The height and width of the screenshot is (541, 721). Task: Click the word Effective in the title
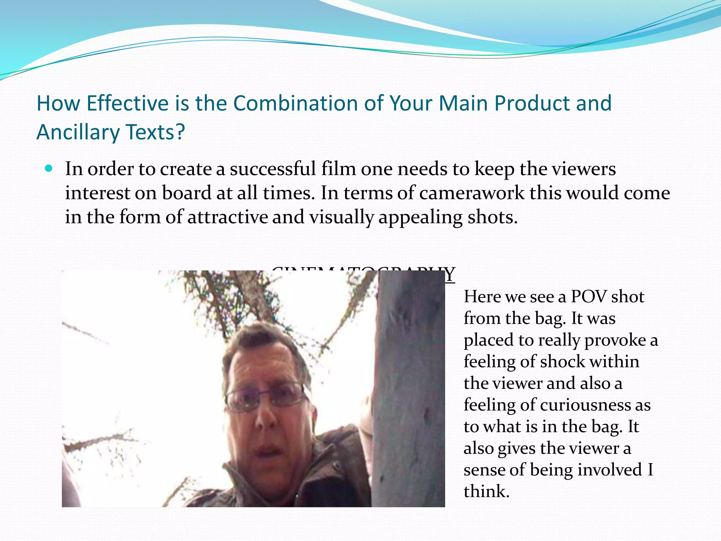[128, 104]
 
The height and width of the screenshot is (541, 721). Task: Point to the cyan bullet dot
[49, 169]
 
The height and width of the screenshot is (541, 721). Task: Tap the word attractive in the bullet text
[228, 217]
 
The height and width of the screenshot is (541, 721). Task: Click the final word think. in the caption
[486, 491]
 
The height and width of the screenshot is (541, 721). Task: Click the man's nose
[265, 416]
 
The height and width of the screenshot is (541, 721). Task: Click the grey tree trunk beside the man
[408, 387]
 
